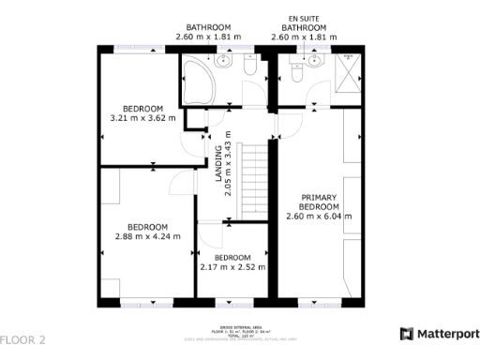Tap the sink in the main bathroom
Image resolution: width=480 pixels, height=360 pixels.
[x=225, y=62]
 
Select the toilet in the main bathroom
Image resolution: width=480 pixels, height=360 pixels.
[x=249, y=66]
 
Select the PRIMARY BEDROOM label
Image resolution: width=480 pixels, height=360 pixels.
[x=318, y=202]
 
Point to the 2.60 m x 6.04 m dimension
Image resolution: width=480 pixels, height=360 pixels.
[x=318, y=216]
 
